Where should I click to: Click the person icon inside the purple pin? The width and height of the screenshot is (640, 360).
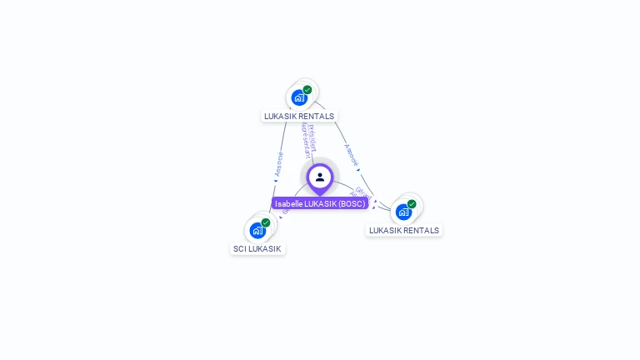(x=320, y=177)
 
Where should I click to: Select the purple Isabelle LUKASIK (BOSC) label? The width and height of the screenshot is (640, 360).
(x=320, y=203)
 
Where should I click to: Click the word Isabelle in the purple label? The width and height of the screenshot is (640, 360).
(x=288, y=203)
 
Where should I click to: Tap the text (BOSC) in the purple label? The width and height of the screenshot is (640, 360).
(x=352, y=203)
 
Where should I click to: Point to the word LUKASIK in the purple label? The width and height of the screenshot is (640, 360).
(x=321, y=203)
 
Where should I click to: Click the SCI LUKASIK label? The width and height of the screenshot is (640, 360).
(x=257, y=248)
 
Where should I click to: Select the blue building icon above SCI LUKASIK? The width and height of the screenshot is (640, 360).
(x=257, y=230)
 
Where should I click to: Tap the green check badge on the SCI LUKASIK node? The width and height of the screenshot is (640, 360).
(x=266, y=222)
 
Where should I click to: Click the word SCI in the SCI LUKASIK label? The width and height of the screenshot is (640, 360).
(x=240, y=248)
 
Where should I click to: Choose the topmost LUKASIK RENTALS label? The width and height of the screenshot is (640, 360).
(x=299, y=116)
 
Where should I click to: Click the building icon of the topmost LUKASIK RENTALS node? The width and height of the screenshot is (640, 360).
(x=299, y=97)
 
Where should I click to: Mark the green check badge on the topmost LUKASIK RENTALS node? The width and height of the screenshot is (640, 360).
(x=307, y=90)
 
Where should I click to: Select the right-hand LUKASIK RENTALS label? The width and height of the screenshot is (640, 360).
(x=404, y=230)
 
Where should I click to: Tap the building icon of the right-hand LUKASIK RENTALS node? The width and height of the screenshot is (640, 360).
(x=403, y=212)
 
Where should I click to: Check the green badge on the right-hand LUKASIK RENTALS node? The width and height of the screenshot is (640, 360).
(x=412, y=204)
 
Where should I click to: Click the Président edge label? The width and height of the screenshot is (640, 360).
(x=311, y=133)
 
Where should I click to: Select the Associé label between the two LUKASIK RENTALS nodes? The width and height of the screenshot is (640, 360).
(x=352, y=153)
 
